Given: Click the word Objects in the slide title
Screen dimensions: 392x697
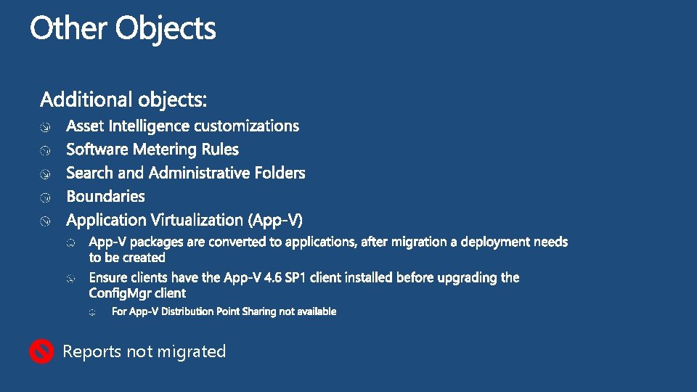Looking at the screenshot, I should [166, 30].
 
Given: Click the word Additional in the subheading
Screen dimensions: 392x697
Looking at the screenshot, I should [81, 99].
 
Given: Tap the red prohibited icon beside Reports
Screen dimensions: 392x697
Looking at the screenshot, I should [41, 352].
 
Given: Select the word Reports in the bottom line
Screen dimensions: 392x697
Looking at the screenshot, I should [92, 352].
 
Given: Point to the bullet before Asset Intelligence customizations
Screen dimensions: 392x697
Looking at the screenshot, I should [45, 128].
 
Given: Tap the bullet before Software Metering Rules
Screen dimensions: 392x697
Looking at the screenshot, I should [45, 151].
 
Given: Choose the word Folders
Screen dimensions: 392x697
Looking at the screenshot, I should [280, 173].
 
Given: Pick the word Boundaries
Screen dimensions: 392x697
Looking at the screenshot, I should [105, 197].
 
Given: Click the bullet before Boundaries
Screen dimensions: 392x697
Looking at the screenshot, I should [45, 197].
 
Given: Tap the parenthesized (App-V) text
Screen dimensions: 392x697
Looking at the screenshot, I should [277, 220].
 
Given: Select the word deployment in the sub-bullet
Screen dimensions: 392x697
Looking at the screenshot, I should [497, 242].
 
